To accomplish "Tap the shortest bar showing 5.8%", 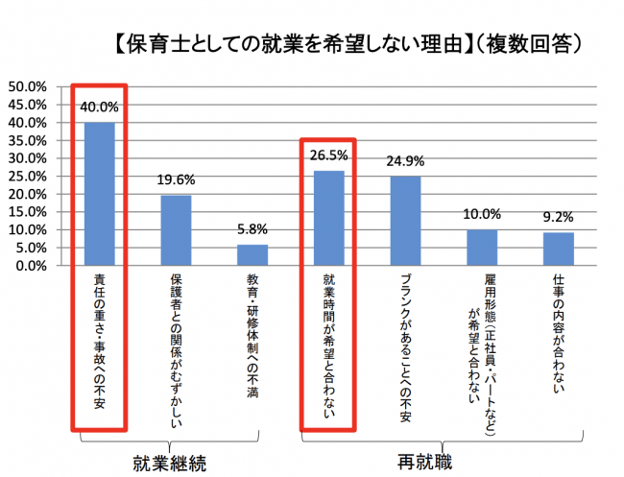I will (x=252, y=255).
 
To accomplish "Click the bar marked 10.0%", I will (x=482, y=248).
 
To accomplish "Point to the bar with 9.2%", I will (x=559, y=249).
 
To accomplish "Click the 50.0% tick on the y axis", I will (x=28, y=86).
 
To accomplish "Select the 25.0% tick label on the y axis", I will (x=28, y=177).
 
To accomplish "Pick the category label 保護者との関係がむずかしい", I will (x=176, y=351).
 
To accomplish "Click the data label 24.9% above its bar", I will (x=406, y=160).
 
